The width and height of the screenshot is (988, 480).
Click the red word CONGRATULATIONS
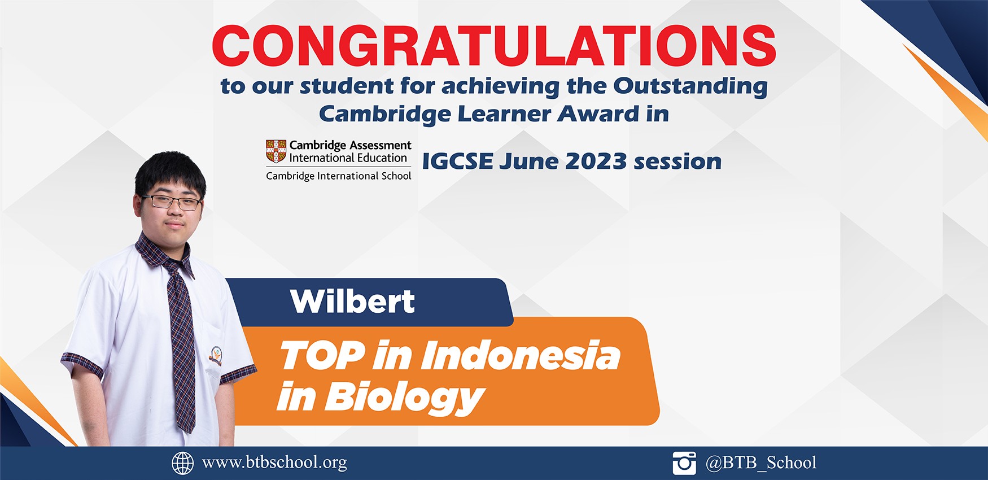tap(494, 46)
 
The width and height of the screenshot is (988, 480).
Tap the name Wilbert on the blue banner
tap(353, 301)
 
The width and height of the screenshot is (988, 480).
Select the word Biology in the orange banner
tap(405, 398)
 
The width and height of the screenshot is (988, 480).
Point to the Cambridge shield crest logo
tap(276, 151)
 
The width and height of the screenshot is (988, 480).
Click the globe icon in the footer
tap(182, 463)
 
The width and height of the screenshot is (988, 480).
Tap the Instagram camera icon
tap(684, 463)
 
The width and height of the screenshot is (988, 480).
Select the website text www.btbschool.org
tap(274, 462)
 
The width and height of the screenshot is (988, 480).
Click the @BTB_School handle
tap(761, 463)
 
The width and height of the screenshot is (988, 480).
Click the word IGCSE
tap(458, 162)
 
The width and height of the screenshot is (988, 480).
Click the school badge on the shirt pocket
tap(216, 356)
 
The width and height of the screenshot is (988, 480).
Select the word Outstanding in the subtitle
tap(690, 86)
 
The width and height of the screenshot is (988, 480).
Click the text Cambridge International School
tap(339, 176)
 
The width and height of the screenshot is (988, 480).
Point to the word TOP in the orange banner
tap(322, 356)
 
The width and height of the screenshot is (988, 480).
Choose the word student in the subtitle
tap(347, 86)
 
